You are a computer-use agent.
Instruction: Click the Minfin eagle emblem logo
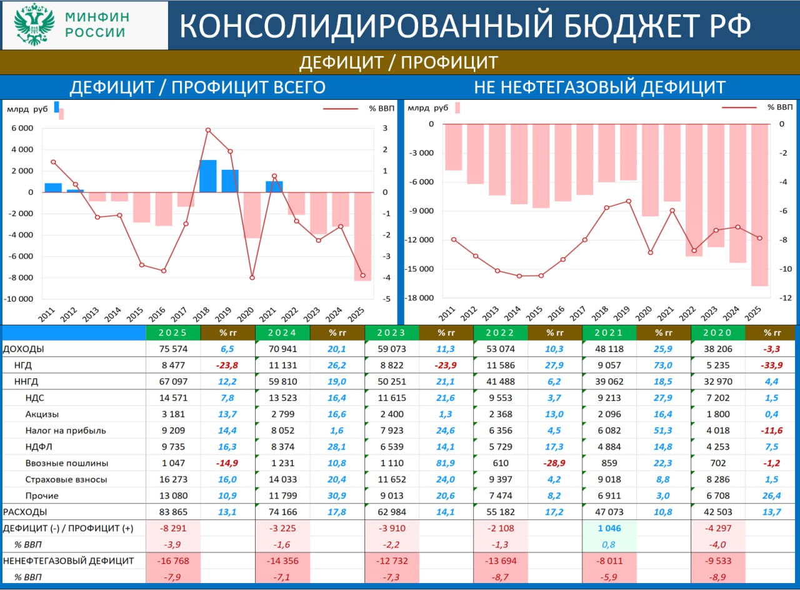(x=34, y=25)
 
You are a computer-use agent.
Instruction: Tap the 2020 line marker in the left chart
(x=252, y=277)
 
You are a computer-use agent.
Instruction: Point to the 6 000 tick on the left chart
(x=21, y=129)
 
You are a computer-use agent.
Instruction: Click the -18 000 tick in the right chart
(x=419, y=298)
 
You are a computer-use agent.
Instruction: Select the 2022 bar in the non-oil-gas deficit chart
(x=694, y=190)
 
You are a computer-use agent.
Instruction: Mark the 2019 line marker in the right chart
(x=628, y=201)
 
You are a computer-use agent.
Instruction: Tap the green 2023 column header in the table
(x=391, y=333)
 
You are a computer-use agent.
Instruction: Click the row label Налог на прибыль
(x=66, y=430)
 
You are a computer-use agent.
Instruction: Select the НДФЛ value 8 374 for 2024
(x=283, y=446)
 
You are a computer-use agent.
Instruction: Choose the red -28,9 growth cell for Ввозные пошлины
(x=554, y=463)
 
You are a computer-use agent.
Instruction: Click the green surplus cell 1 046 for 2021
(x=609, y=528)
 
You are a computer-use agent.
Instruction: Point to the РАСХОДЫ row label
(x=25, y=511)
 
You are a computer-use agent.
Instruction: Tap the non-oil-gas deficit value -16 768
(x=172, y=560)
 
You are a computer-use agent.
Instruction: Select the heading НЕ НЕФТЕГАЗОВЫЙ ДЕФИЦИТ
(x=599, y=87)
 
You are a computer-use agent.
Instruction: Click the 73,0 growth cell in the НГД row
(x=663, y=365)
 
